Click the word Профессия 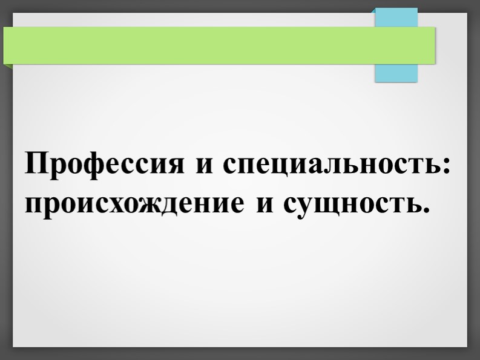tap(104, 164)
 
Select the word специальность tap(332, 165)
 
